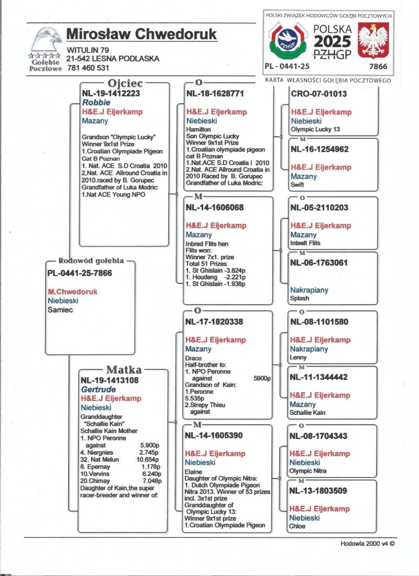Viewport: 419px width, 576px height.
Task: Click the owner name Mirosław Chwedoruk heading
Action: tap(141, 35)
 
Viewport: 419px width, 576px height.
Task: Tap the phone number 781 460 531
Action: tap(88, 68)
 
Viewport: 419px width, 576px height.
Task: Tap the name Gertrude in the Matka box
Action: tap(98, 390)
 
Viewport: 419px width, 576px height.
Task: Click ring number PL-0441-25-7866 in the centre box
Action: tap(80, 273)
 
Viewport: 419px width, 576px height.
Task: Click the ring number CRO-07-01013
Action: tap(318, 94)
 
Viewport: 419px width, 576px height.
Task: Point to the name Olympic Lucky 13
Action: tap(315, 129)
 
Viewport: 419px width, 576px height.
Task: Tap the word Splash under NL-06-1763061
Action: tap(300, 298)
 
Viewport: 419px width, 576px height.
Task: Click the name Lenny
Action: tap(299, 358)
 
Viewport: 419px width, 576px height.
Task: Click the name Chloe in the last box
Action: tap(298, 526)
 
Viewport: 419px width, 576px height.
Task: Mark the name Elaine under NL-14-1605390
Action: tap(195, 471)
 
